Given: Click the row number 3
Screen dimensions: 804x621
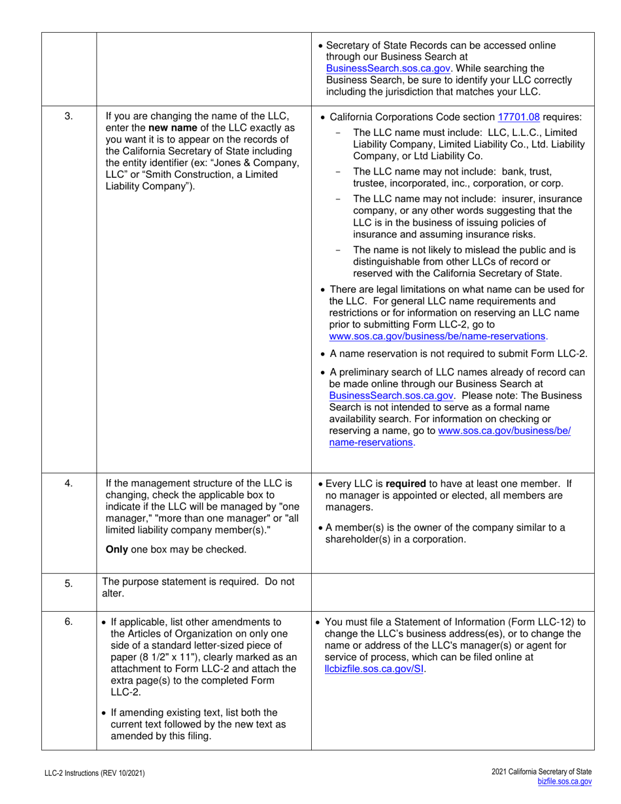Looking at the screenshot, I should [69, 117].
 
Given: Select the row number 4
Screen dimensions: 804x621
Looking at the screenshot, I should [69, 484].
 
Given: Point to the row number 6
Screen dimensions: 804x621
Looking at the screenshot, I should [69, 622].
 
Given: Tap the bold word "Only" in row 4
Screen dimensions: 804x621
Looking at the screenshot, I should [116, 549].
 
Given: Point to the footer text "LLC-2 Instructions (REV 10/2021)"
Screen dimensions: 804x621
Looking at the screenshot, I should [91, 773].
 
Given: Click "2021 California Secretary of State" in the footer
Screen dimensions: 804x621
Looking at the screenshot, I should [541, 772].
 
